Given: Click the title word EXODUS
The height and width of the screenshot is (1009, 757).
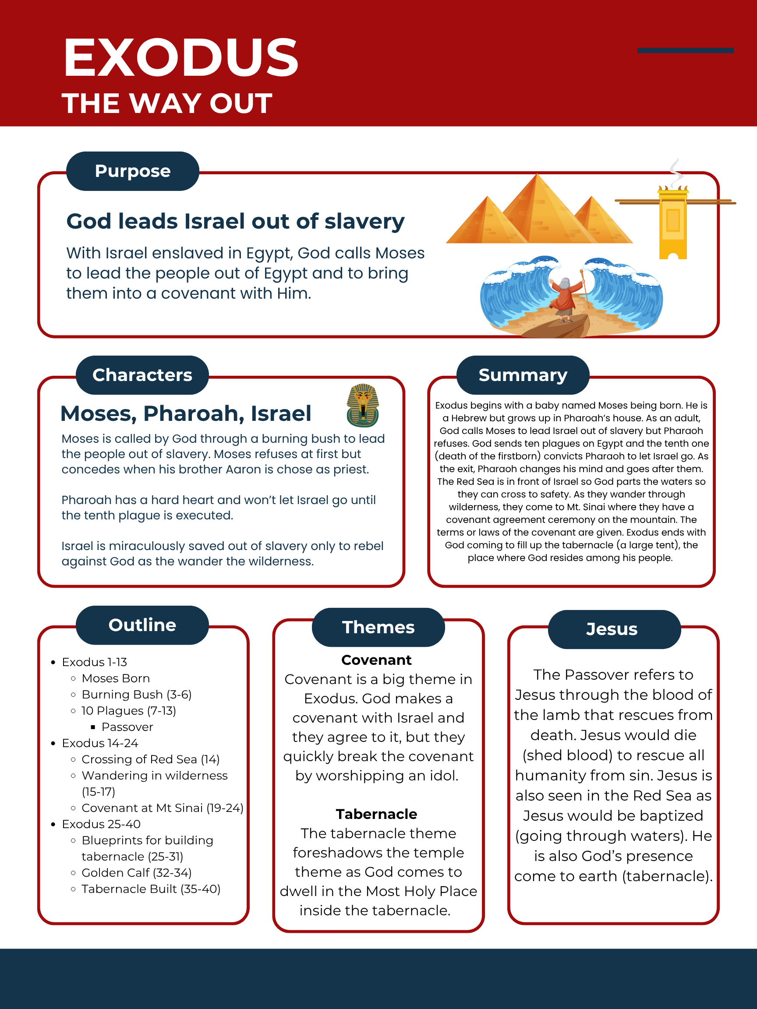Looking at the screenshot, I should point(180,58).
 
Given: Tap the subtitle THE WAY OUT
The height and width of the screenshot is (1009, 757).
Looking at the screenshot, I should point(167,103).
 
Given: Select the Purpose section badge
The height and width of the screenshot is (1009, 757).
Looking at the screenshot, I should point(132,171).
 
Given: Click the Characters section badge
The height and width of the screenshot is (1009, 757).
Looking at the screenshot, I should point(142,375).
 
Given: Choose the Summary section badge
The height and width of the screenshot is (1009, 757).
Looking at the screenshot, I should point(523,375).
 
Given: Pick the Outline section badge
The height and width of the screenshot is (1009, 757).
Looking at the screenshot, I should point(142,625).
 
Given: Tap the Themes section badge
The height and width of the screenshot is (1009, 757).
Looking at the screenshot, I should point(378,627).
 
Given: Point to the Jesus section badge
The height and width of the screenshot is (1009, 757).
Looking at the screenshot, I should point(612,629).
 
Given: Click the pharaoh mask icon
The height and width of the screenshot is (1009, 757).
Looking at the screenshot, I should point(363,405).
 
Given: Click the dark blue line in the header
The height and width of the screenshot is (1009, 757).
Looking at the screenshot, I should point(685,51).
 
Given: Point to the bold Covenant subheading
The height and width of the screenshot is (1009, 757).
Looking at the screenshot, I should point(376,660).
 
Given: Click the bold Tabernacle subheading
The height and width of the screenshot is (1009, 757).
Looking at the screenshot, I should point(376,814).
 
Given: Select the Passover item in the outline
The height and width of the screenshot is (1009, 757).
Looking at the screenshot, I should point(127,727).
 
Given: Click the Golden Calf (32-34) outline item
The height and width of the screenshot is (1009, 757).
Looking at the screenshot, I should point(136,873).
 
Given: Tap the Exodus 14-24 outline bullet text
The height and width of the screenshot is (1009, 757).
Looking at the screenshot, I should point(100,743).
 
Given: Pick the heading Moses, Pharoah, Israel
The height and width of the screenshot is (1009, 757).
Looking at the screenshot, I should point(186,413).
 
